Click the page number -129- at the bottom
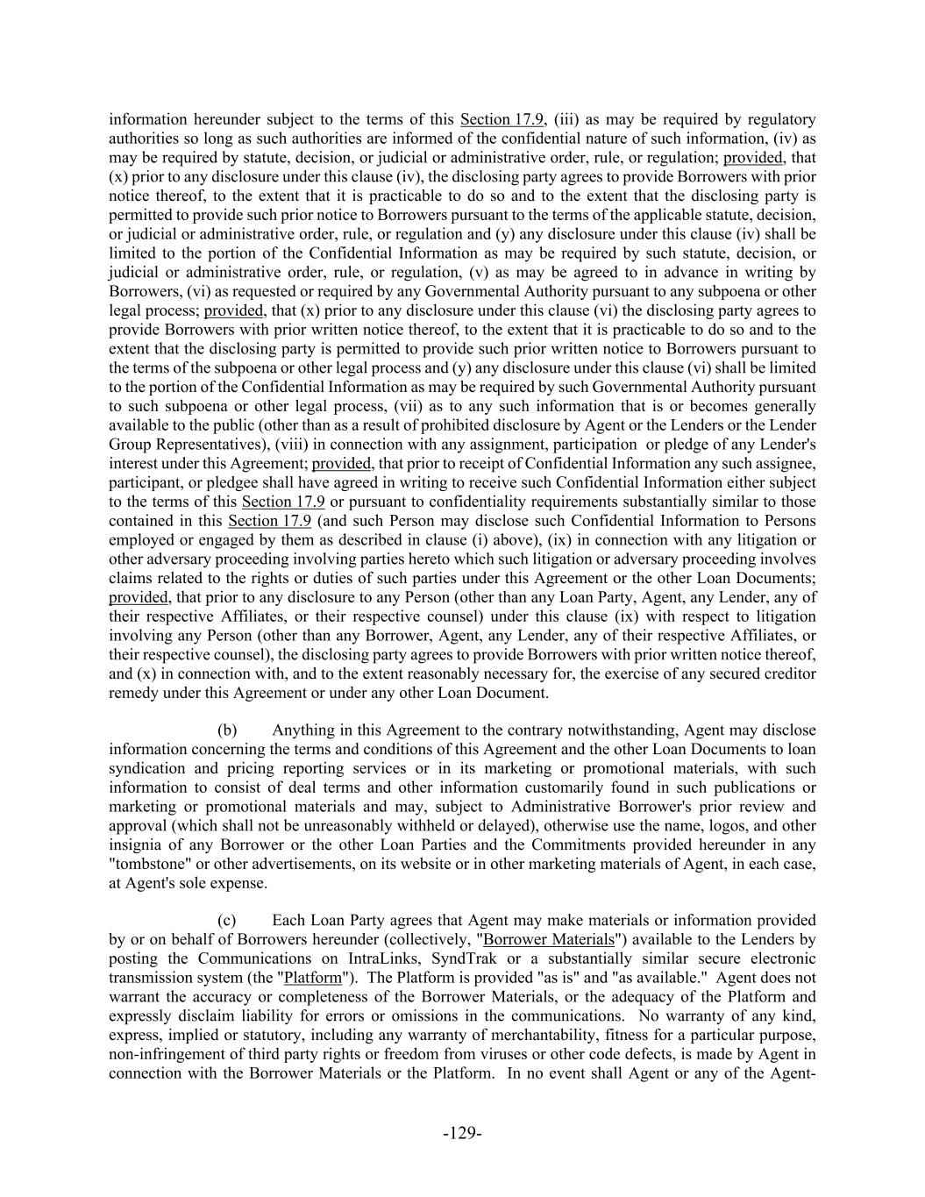click(462, 1133)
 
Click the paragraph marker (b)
click(227, 730)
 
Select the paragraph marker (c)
click(227, 921)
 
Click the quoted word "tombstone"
click(148, 865)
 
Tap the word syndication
click(147, 769)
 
